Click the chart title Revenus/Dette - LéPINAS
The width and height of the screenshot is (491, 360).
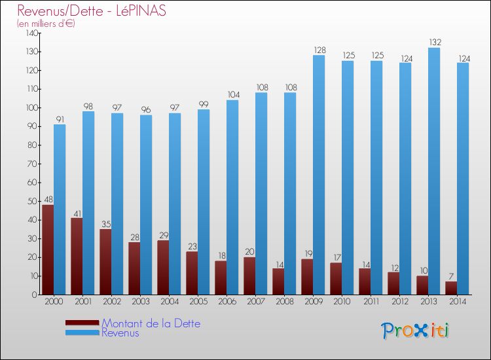[92, 10]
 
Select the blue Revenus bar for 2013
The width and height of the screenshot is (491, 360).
[434, 171]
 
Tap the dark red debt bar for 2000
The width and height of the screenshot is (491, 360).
[48, 249]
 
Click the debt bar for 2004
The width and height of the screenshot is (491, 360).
[163, 267]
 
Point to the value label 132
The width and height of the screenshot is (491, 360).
[434, 43]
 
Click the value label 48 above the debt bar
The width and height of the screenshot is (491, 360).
[48, 200]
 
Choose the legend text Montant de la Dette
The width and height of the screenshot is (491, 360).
[151, 323]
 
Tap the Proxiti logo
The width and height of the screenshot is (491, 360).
[416, 331]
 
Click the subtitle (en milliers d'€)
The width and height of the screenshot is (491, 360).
[46, 24]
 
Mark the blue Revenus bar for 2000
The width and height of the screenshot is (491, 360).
[60, 209]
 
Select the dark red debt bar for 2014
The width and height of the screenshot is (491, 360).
[451, 288]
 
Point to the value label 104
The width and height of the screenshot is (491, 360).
[232, 95]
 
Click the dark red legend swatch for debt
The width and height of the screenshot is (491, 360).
[82, 323]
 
